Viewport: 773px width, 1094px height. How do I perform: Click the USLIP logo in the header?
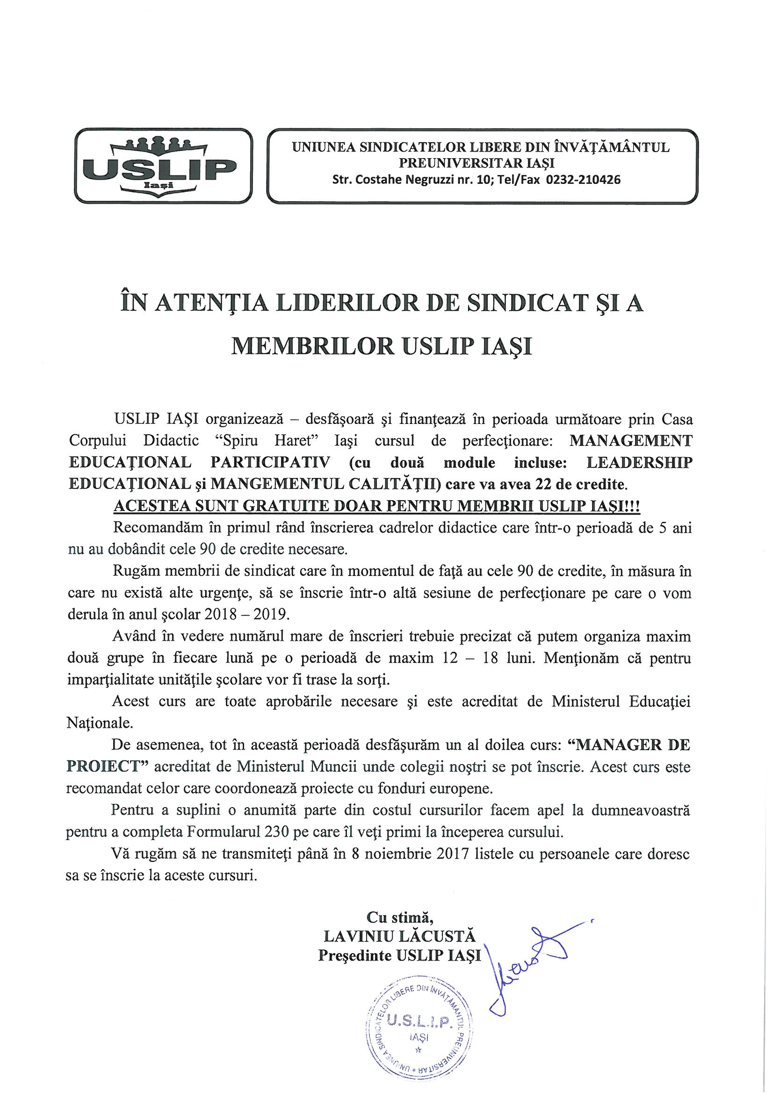tap(164, 166)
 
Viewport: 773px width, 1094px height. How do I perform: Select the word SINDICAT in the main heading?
tap(526, 305)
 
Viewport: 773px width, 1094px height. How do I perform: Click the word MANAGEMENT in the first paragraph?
tap(630, 440)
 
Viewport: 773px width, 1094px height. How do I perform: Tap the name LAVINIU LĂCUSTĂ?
tap(399, 936)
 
